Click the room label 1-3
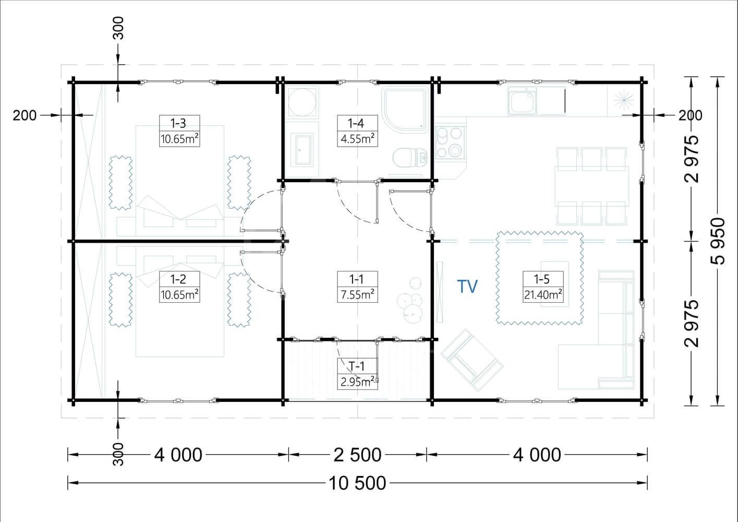[x=178, y=123]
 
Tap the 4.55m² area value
[x=357, y=139]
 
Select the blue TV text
[x=467, y=287]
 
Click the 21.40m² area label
[x=543, y=294]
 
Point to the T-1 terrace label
[x=356, y=366]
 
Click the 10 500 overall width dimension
[x=357, y=483]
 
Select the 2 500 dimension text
[x=357, y=455]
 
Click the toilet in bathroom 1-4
[x=409, y=158]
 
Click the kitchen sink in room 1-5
[x=522, y=101]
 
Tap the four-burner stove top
[x=450, y=143]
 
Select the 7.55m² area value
[x=357, y=294]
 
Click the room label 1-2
[x=178, y=279]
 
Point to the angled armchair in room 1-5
[x=472, y=360]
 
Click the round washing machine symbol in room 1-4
[x=302, y=102]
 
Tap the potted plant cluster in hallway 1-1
[x=410, y=302]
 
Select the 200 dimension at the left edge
[x=25, y=115]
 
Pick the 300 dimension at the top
[x=118, y=28]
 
